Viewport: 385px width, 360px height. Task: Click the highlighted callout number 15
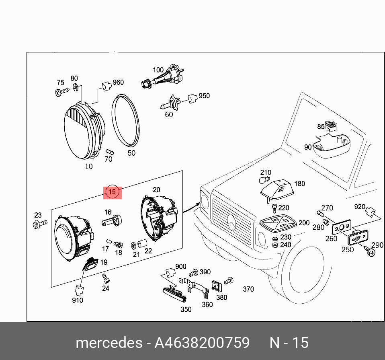point(113,192)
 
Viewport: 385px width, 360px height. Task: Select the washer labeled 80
point(76,87)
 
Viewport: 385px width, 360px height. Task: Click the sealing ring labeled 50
point(125,120)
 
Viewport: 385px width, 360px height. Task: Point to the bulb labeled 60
point(169,105)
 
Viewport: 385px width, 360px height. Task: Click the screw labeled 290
point(372,253)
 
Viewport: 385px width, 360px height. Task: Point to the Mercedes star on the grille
point(232,222)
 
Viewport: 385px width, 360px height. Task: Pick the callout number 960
point(118,82)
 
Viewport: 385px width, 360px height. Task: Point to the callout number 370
point(248,289)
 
